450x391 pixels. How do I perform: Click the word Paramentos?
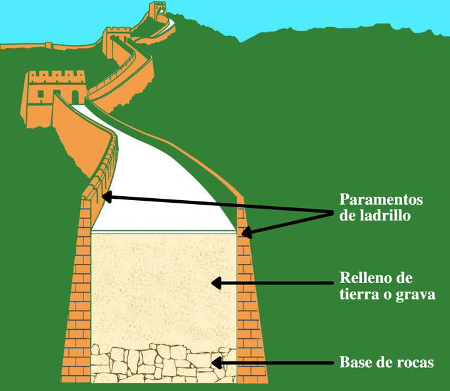coord(381,199)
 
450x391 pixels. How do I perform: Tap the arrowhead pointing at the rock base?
coord(217,363)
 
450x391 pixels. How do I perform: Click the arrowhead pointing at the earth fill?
coord(217,283)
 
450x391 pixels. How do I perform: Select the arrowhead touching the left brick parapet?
coord(108,197)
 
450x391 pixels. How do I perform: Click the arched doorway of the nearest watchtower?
coord(75,97)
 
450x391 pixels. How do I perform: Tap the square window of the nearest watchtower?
coord(41,94)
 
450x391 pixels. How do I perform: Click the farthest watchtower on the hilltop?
coord(158,11)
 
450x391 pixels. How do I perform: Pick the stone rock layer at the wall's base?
coord(164,363)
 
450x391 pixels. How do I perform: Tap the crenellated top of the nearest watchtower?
coord(57,77)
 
